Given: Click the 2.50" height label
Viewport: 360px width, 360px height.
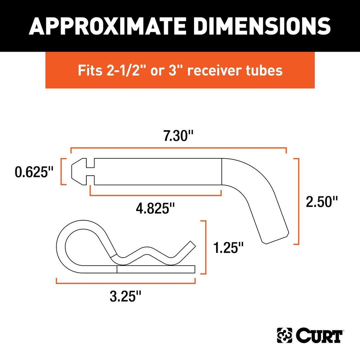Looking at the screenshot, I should pos(322,202).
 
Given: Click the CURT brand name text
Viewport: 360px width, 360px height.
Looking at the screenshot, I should pos(319,336).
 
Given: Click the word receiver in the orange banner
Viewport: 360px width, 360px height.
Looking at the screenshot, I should pos(212,70).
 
